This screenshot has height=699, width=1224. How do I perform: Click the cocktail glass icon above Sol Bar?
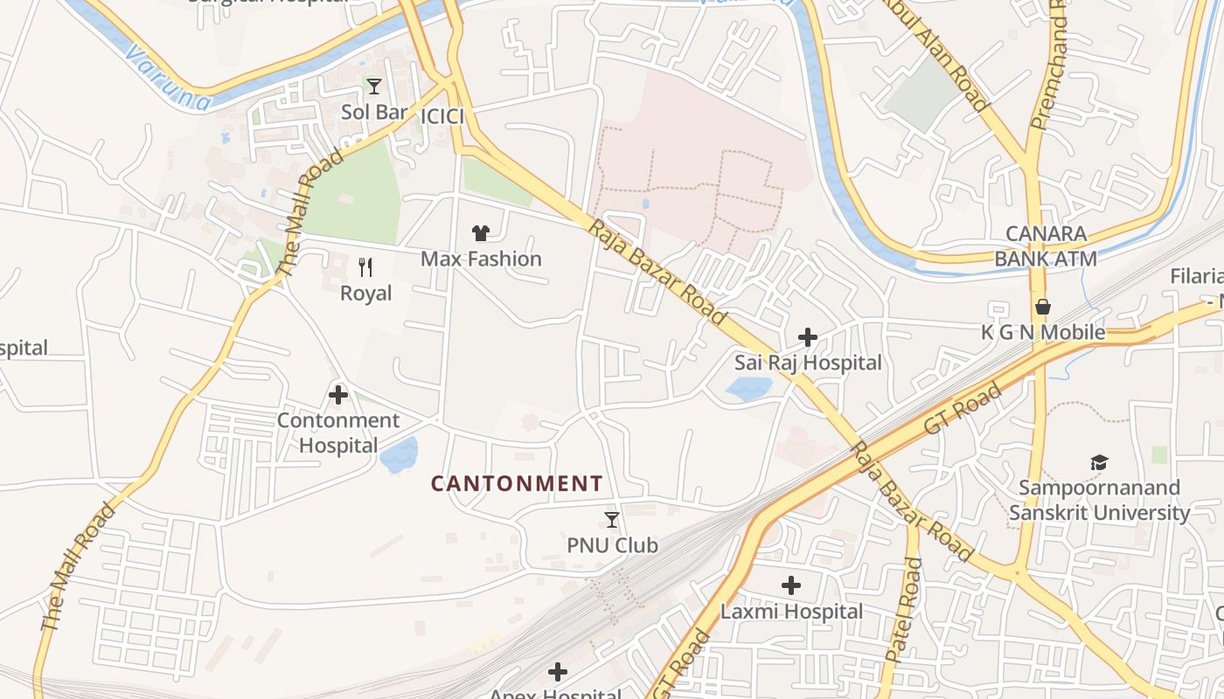(x=374, y=86)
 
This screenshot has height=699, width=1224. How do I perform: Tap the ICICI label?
(x=442, y=117)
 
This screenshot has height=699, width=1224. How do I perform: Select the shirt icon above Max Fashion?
(x=481, y=232)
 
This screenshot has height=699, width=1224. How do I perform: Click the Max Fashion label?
(x=481, y=259)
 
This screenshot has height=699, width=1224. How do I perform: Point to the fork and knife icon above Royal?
(x=366, y=266)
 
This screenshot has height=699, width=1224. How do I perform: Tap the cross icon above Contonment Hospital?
(x=338, y=395)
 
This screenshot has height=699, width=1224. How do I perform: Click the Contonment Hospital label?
(x=338, y=433)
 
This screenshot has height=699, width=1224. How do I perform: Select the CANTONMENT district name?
(x=517, y=483)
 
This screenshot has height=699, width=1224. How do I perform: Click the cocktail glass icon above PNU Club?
(x=612, y=520)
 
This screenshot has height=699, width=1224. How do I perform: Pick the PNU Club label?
(x=612, y=545)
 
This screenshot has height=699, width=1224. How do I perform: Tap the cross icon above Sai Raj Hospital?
(x=808, y=337)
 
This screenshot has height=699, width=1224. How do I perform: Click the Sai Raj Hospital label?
(x=808, y=363)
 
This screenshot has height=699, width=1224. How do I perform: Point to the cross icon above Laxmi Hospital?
(x=791, y=585)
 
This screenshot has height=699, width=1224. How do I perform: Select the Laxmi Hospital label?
(x=791, y=612)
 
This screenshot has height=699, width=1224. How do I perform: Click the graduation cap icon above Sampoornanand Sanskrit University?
(x=1099, y=462)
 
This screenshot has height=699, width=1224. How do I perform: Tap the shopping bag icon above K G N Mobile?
(x=1042, y=307)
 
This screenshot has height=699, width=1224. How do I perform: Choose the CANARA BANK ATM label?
(x=1046, y=246)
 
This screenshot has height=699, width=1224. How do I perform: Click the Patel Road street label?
(x=904, y=610)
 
